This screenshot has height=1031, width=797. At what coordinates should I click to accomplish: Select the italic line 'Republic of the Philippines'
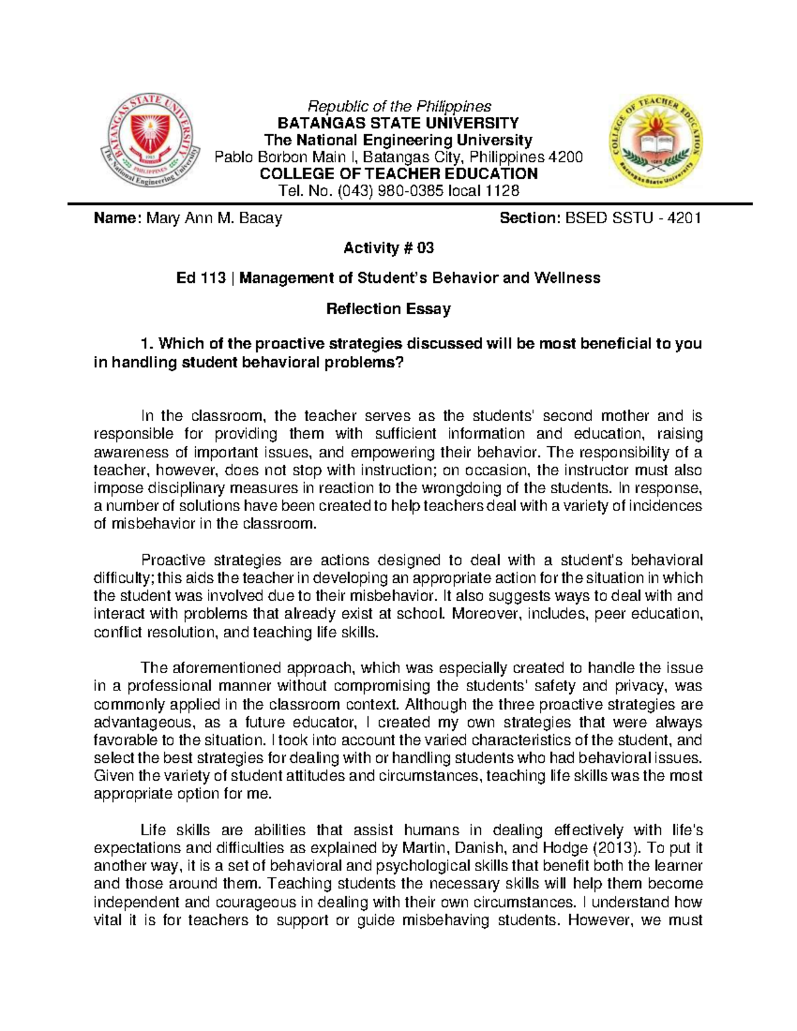pyautogui.click(x=398, y=106)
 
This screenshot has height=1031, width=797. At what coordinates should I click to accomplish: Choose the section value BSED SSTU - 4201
pyautogui.click(x=633, y=218)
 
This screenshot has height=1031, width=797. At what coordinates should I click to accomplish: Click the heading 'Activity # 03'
pyautogui.click(x=389, y=248)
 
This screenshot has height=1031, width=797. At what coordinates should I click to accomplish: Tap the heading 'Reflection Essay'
pyautogui.click(x=389, y=309)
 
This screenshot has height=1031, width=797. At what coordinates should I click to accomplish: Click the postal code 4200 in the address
pyautogui.click(x=569, y=157)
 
